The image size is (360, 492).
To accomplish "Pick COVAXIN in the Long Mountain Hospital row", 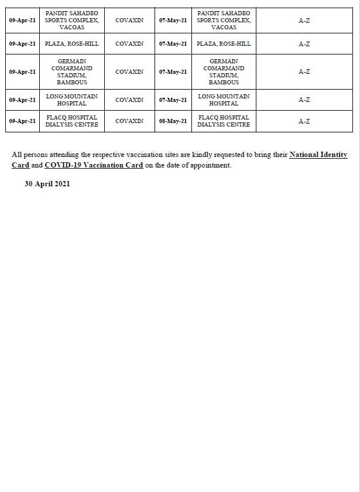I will click(129, 100).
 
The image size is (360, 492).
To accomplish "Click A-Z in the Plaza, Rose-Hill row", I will click(304, 44).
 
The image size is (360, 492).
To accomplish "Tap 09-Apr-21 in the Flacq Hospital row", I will click(23, 121).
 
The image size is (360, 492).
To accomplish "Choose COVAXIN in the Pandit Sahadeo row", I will click(129, 20).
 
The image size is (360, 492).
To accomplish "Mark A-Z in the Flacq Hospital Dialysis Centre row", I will click(304, 121).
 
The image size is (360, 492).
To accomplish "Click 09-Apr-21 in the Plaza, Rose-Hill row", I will click(23, 44).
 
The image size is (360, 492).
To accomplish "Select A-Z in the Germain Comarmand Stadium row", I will click(304, 72).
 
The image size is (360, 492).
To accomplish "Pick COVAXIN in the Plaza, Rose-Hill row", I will click(129, 44).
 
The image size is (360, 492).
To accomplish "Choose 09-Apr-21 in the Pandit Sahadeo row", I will click(23, 20).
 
